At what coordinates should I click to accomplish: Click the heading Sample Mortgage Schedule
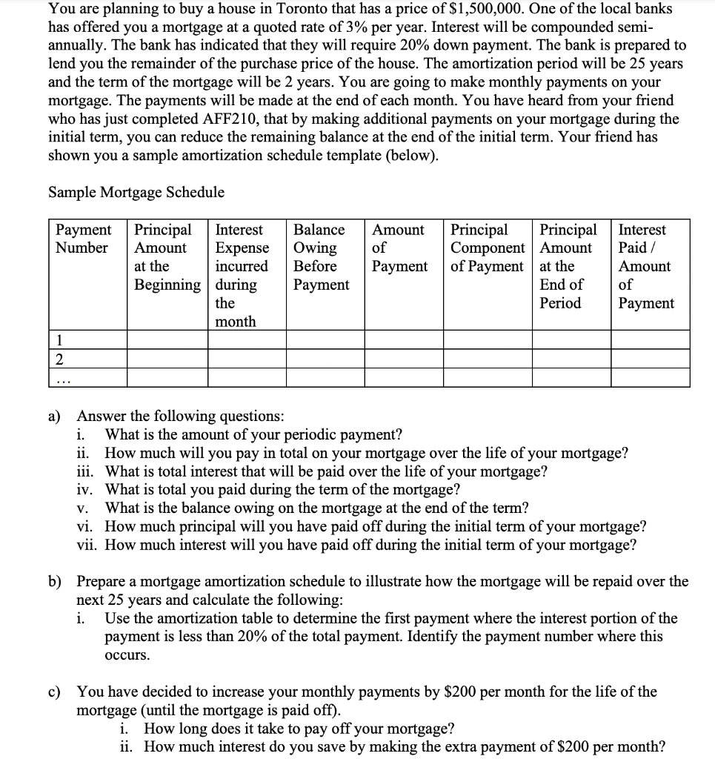pyautogui.click(x=136, y=193)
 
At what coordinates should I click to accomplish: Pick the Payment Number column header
pyautogui.click(x=83, y=239)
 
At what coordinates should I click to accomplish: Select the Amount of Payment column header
pyautogui.click(x=399, y=248)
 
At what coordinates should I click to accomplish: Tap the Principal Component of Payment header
pyautogui.click(x=488, y=248)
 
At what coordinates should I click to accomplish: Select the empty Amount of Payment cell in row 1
pyautogui.click(x=404, y=341)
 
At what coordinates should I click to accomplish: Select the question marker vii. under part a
pyautogui.click(x=88, y=546)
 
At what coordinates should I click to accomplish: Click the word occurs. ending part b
pyautogui.click(x=127, y=655)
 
